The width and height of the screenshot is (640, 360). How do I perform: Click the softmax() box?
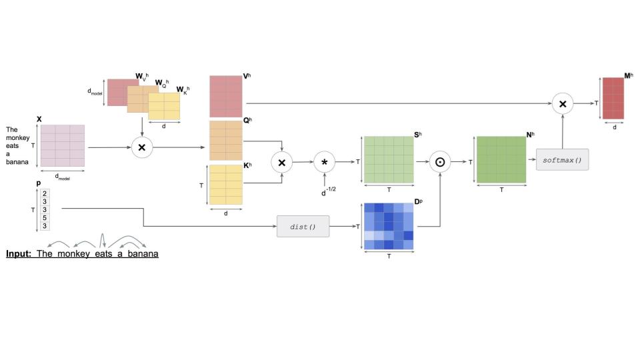(562, 160)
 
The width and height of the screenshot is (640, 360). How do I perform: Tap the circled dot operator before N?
(440, 162)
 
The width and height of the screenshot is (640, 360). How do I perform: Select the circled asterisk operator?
(325, 162)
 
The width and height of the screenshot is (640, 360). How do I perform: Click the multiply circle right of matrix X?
(141, 147)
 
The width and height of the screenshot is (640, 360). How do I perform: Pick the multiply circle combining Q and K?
(281, 162)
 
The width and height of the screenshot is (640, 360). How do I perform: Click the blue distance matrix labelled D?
(389, 227)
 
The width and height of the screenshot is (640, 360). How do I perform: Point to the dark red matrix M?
(614, 98)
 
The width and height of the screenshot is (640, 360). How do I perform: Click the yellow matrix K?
(226, 184)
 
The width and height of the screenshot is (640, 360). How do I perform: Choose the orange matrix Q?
(226, 141)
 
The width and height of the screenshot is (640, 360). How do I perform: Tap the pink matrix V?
(226, 97)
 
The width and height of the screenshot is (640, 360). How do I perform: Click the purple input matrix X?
(63, 145)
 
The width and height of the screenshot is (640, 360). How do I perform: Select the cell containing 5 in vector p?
(44, 218)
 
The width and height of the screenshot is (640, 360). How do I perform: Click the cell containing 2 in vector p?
(44, 194)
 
